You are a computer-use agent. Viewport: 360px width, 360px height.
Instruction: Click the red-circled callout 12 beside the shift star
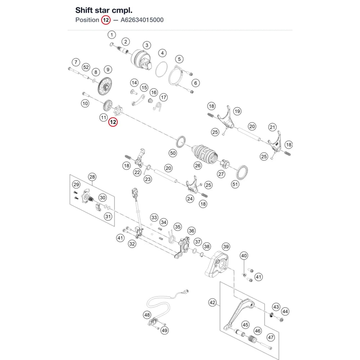[113, 122]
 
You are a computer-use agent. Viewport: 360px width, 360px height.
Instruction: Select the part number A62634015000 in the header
[142, 20]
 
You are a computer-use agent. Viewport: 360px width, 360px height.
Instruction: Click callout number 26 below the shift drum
[197, 166]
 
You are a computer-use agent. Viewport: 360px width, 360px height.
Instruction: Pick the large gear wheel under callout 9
[105, 86]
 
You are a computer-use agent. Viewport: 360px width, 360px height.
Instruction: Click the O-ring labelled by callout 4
[162, 69]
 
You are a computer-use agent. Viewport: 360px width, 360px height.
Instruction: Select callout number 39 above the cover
[226, 247]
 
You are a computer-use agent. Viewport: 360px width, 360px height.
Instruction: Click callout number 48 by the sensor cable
[147, 315]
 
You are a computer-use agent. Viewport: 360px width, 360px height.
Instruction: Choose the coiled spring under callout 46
[252, 339]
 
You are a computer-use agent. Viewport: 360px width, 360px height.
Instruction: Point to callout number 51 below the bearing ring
[235, 184]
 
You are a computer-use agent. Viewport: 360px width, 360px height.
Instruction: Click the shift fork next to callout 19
[226, 118]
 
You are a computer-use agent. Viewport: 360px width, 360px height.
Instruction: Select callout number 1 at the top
[112, 35]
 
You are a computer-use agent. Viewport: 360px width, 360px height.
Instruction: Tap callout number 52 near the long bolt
[86, 67]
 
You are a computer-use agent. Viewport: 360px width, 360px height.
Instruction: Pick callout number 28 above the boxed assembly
[92, 177]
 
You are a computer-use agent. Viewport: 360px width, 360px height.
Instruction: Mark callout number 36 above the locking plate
[192, 231]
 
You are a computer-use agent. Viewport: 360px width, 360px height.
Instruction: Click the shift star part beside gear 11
[118, 110]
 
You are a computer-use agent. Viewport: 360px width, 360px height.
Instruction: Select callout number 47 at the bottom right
[271, 337]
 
